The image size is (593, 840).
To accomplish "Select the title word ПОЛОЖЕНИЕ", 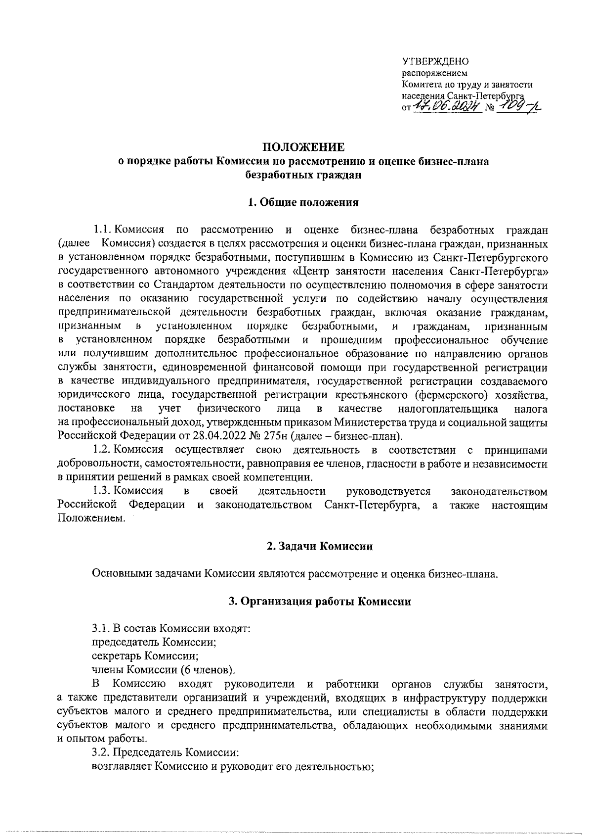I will (x=303, y=148).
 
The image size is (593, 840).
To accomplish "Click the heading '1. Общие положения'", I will (x=303, y=202).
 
